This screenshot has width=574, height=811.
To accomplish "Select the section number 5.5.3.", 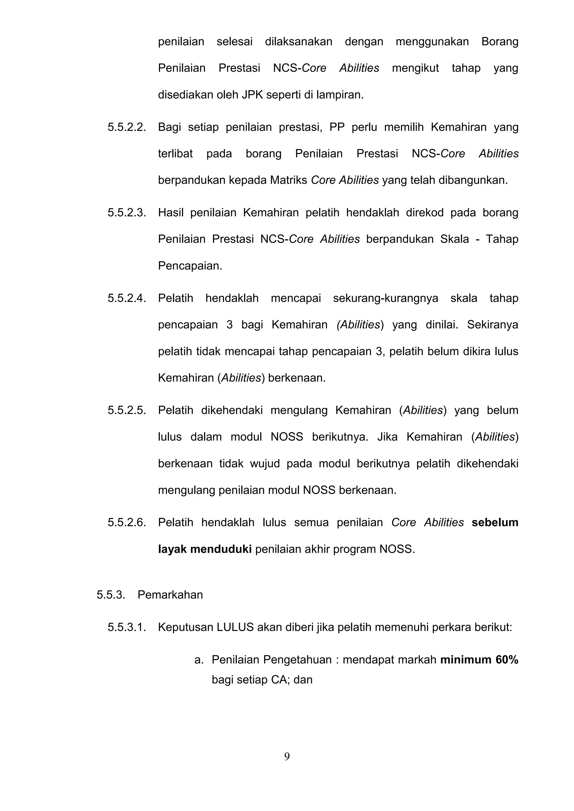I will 111,595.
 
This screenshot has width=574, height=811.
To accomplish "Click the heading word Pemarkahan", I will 170,595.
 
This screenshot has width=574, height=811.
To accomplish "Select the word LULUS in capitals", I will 235,627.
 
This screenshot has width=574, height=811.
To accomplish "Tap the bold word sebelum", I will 495,522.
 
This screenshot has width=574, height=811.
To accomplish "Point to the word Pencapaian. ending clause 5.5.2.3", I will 190,266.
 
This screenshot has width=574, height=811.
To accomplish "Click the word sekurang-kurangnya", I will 385,298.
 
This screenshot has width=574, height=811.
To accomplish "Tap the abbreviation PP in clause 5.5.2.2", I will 337,127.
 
